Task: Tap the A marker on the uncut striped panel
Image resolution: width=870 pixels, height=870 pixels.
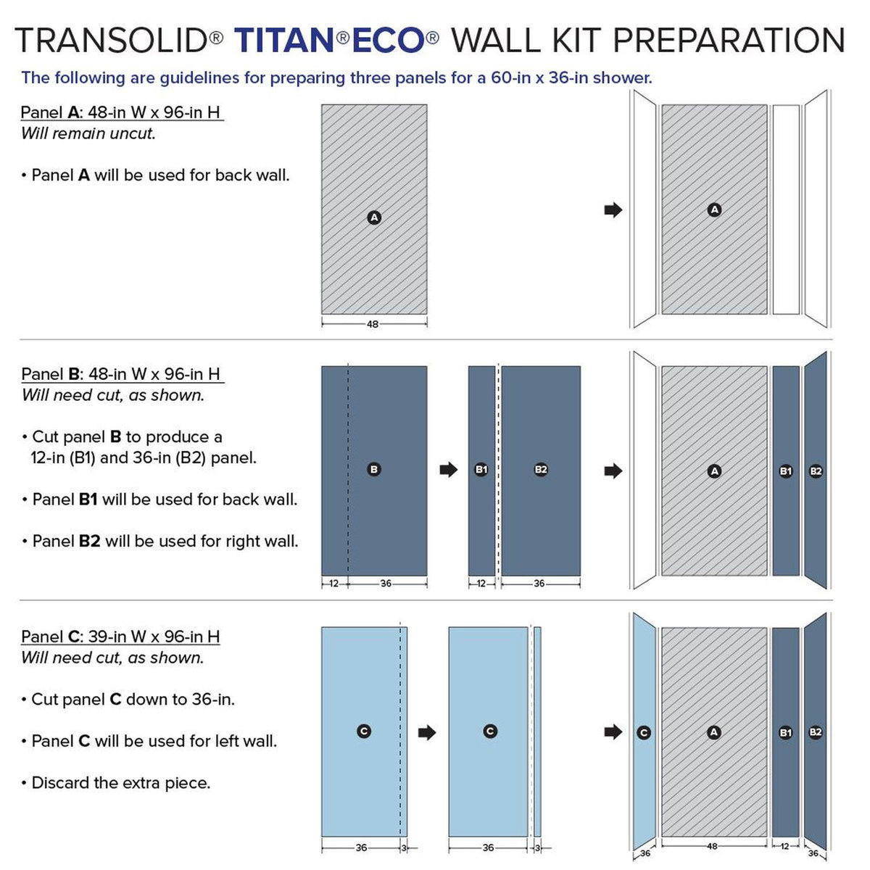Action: click(x=374, y=217)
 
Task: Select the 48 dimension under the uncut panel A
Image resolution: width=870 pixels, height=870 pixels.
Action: click(x=373, y=324)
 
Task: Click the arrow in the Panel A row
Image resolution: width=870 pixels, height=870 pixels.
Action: click(x=613, y=210)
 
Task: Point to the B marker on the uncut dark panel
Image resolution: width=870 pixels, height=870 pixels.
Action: click(x=374, y=470)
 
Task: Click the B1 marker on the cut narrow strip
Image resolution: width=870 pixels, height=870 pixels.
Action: click(x=481, y=470)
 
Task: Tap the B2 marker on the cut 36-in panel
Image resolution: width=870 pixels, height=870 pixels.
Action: click(x=541, y=470)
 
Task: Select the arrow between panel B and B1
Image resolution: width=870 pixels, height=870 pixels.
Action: click(x=449, y=470)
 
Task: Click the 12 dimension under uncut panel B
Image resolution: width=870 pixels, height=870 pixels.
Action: click(x=333, y=584)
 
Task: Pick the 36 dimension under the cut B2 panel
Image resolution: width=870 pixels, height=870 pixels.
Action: click(x=539, y=584)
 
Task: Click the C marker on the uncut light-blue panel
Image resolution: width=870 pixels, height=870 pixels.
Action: click(x=364, y=732)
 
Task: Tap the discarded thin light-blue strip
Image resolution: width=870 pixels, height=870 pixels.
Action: click(x=537, y=732)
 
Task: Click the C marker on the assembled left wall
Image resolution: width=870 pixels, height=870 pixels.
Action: click(x=644, y=733)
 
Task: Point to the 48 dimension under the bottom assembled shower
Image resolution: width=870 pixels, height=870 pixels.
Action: click(x=712, y=846)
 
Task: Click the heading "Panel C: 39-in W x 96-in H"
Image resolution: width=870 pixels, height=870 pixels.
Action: click(x=120, y=637)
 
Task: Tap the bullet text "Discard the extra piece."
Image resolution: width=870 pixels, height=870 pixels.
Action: click(x=120, y=783)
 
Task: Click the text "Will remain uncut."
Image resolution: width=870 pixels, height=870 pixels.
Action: click(x=88, y=133)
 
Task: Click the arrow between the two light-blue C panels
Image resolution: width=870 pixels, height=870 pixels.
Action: click(x=428, y=732)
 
